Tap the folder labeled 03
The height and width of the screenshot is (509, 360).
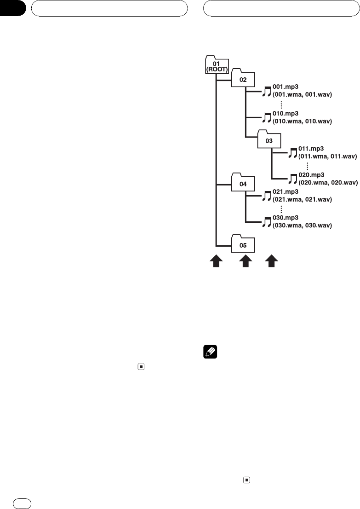pyautogui.click(x=269, y=139)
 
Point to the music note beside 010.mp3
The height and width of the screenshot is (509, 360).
pyautogui.click(x=267, y=117)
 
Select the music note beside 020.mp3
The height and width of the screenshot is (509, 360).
pyautogui.click(x=293, y=179)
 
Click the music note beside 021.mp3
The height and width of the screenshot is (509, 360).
pyautogui.click(x=267, y=196)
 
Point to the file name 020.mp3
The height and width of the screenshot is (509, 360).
pyautogui.click(x=312, y=175)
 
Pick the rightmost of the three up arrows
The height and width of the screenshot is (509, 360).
pyautogui.click(x=272, y=262)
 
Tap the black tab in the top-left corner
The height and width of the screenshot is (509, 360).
pyautogui.click(x=12, y=9)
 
